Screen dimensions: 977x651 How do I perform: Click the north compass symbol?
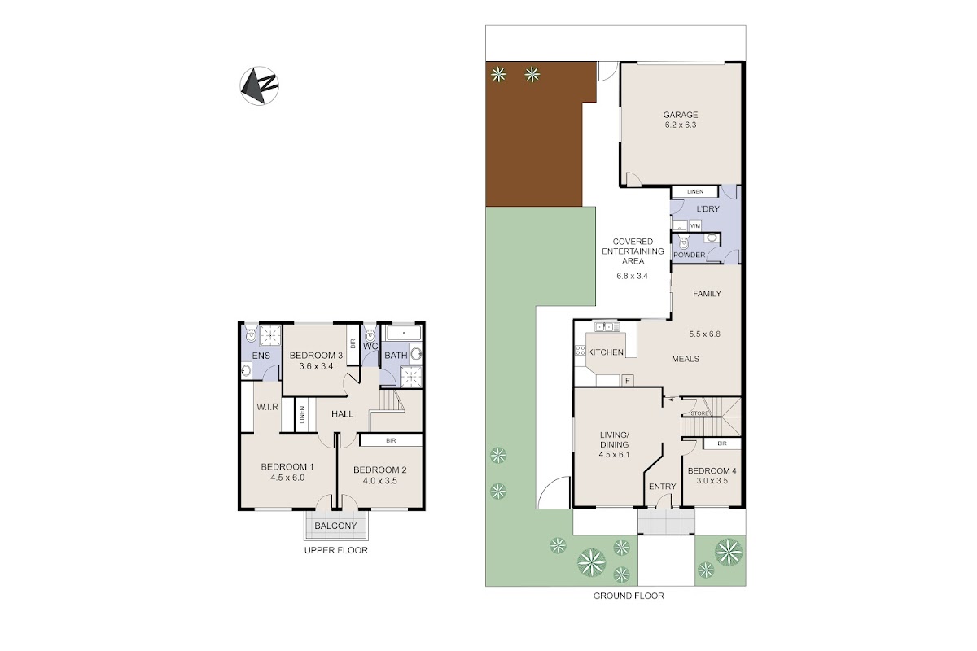click(259, 85)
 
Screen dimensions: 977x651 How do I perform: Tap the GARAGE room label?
click(681, 115)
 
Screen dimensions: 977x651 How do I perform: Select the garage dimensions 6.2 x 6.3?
click(681, 125)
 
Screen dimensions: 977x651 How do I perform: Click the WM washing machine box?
click(695, 225)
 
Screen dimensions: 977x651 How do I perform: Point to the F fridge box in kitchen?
click(628, 381)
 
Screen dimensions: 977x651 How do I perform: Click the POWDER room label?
click(689, 255)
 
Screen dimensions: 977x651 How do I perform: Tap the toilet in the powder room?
click(683, 242)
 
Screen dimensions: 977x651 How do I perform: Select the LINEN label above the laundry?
click(695, 191)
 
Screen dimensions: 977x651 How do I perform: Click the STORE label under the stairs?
click(699, 413)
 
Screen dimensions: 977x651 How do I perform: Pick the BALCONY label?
click(335, 526)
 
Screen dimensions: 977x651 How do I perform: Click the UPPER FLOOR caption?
click(335, 550)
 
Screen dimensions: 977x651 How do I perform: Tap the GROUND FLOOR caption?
click(629, 596)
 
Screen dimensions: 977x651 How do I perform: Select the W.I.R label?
click(267, 407)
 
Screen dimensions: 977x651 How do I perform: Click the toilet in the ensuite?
click(251, 333)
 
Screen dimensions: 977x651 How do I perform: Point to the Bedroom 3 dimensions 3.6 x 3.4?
click(316, 366)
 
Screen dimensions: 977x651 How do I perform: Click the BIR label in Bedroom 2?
click(391, 440)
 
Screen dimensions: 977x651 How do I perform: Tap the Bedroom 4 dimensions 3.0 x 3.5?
click(712, 481)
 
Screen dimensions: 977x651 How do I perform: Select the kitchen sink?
click(607, 326)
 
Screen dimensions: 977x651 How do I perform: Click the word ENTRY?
click(662, 487)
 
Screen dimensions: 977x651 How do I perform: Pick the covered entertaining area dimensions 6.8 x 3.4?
click(632, 276)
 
